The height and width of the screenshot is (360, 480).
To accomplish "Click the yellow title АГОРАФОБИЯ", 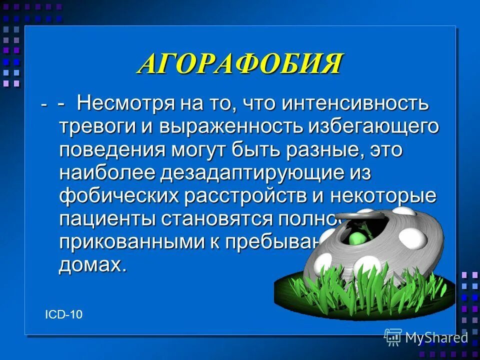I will coord(240,64).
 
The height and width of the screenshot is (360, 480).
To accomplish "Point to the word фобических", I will coord(118,196).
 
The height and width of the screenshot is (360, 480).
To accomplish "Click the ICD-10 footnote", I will coord(63,314).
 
